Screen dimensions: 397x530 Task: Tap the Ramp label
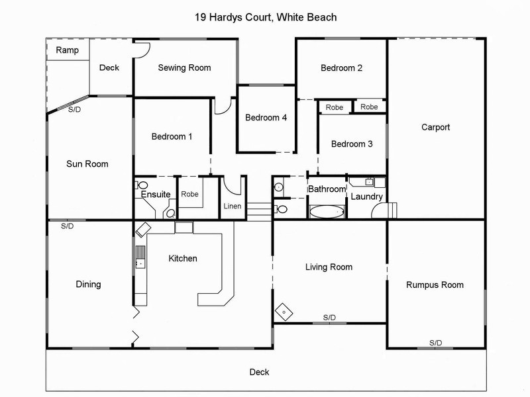tap(66, 50)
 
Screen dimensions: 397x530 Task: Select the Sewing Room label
tap(184, 67)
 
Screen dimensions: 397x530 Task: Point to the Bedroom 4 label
tap(266, 118)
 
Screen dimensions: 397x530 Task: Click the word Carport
tap(435, 127)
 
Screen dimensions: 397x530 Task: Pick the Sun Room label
tap(87, 164)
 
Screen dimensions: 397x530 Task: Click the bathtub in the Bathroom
tap(327, 212)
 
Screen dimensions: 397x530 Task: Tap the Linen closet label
tap(232, 206)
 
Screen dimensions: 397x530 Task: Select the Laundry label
tap(366, 197)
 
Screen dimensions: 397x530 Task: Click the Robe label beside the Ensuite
tap(190, 195)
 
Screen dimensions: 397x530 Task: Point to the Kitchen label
tap(182, 258)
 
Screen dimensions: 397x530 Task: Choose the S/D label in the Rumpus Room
tap(435, 342)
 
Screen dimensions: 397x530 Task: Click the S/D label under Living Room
tap(329, 318)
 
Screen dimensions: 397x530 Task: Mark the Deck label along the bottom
tap(259, 372)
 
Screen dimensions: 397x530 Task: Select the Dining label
tap(88, 285)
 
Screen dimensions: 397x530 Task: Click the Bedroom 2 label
tap(341, 67)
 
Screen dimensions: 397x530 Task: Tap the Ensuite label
tap(155, 195)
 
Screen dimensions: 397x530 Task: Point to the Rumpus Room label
tap(435, 285)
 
